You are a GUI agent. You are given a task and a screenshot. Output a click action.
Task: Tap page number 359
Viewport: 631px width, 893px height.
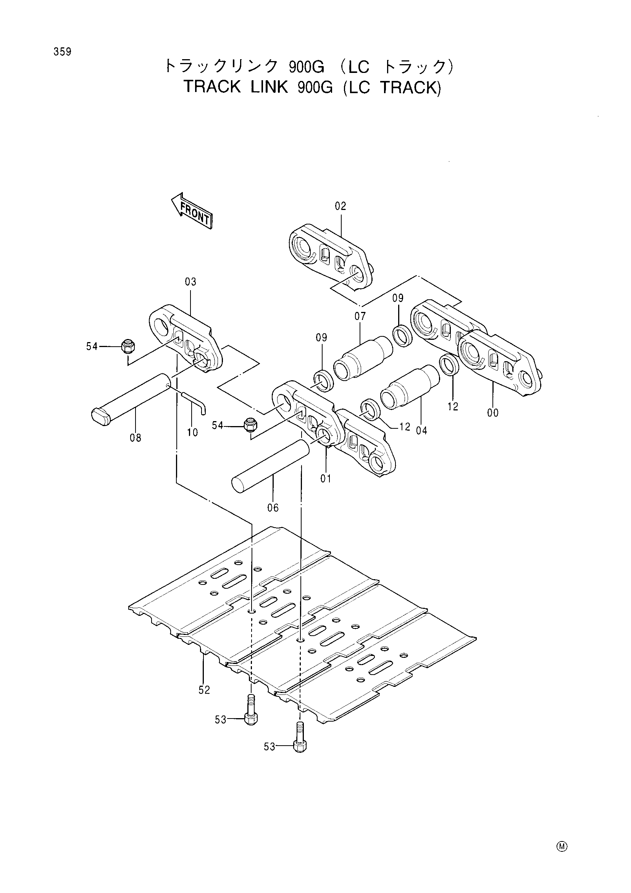pos(63,52)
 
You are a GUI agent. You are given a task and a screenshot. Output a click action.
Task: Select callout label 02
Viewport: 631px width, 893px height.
pos(340,206)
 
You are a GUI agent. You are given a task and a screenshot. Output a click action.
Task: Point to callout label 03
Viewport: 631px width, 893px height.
pos(190,282)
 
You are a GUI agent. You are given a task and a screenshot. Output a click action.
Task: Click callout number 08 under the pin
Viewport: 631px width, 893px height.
pos(135,438)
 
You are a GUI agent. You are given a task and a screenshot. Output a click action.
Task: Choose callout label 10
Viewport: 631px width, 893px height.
pos(192,432)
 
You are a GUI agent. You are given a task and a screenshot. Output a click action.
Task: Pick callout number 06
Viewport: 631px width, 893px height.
pos(273,507)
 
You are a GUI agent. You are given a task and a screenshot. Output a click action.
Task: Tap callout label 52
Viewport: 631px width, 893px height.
pos(204,690)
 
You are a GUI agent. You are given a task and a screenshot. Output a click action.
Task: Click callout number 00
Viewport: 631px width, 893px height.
pos(492,413)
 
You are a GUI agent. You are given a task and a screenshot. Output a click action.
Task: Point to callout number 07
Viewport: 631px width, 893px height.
pos(360,316)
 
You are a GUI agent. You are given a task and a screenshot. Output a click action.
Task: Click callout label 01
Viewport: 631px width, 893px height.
pos(326,479)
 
